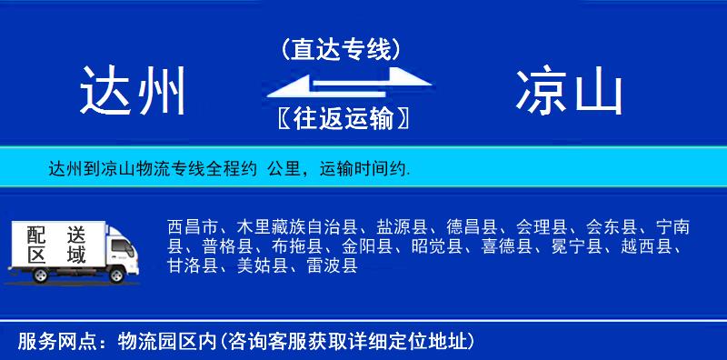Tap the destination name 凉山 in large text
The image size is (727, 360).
coord(570,92)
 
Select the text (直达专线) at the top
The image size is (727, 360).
coord(341,49)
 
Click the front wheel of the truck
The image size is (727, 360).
coord(116,274)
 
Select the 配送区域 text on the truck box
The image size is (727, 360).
coord(56,245)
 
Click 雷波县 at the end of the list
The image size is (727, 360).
coord(332,266)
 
